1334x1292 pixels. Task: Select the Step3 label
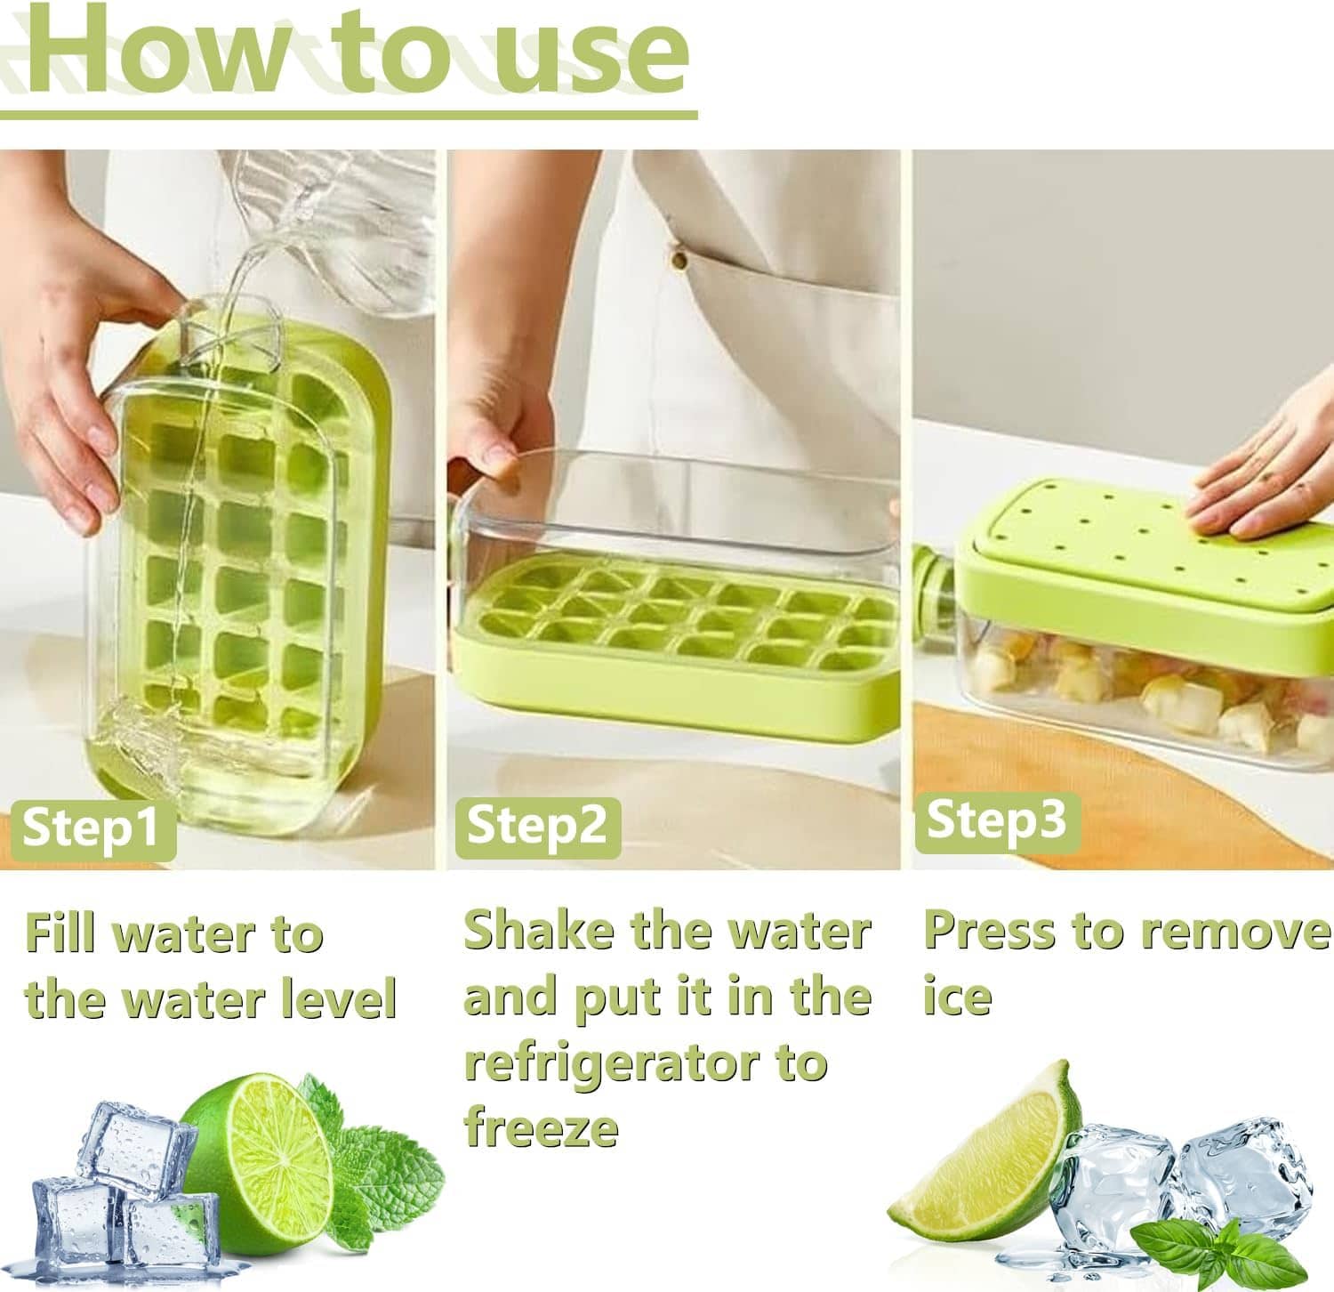pos(995,820)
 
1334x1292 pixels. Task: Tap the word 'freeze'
pos(541,1128)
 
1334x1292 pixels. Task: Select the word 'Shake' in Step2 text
pos(538,932)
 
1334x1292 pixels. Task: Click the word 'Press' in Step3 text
pos(989,932)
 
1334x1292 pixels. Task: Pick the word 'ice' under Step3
pos(957,997)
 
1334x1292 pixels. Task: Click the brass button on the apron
pos(680,260)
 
